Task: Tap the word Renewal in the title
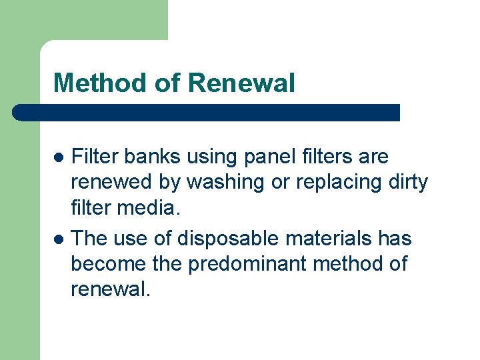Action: click(x=241, y=83)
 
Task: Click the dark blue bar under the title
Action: click(x=207, y=113)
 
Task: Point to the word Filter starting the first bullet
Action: click(x=95, y=157)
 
